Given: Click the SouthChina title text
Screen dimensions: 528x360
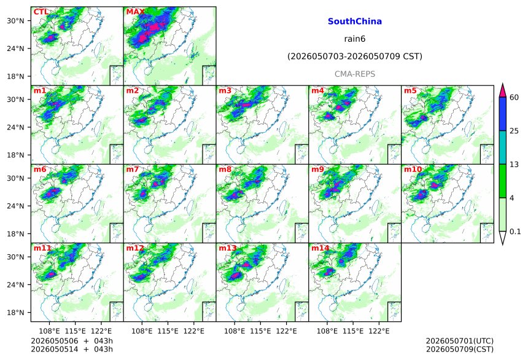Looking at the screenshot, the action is click(355, 22).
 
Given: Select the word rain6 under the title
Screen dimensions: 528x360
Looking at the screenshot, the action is click(355, 39).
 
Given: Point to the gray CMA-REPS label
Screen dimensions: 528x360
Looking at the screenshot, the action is click(355, 74).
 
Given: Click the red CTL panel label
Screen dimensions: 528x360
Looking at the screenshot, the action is click(41, 12).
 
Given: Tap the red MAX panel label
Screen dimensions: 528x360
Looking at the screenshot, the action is click(135, 12).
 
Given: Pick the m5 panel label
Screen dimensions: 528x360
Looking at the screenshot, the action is click(410, 91).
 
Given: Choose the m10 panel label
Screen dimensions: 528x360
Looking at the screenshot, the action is click(413, 169).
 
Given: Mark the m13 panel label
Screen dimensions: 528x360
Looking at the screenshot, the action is click(228, 248).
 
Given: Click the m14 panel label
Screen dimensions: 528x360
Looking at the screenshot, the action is click(320, 248).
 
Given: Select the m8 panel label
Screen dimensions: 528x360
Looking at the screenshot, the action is click(225, 169).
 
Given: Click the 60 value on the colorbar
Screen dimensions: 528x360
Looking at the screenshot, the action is click(514, 98).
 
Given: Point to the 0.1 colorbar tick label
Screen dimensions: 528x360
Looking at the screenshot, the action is click(515, 232).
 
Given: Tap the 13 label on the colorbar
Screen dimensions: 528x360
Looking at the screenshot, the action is click(514, 165).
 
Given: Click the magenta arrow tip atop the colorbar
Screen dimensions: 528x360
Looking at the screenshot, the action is click(503, 84).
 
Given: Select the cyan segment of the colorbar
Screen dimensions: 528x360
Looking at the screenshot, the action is click(503, 147).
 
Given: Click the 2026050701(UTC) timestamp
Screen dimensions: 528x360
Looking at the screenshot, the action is click(460, 342).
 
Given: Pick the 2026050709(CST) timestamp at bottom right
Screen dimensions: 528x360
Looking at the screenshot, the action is click(460, 349).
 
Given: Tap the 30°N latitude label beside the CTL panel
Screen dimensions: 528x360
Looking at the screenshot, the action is click(15, 21).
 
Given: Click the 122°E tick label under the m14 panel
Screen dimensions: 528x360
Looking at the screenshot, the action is click(379, 331).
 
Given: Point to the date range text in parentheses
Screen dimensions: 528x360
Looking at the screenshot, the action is click(355, 57).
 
